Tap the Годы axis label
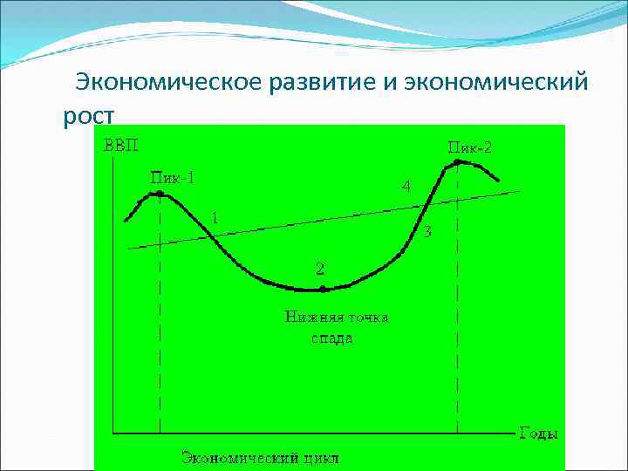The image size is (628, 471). (538, 433)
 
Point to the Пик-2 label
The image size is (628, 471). (470, 147)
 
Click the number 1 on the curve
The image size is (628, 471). (215, 218)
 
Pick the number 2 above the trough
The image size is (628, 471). (320, 268)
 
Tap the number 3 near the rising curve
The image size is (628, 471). (427, 232)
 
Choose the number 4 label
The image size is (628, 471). (406, 186)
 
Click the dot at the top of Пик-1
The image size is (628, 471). (159, 194)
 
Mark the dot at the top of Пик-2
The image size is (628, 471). (457, 161)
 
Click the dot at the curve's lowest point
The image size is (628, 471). (322, 289)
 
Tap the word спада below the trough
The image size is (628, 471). (332, 338)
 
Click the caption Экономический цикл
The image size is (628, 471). (260, 457)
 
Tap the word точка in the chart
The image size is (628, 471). (368, 317)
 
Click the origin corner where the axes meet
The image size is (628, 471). (112, 433)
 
